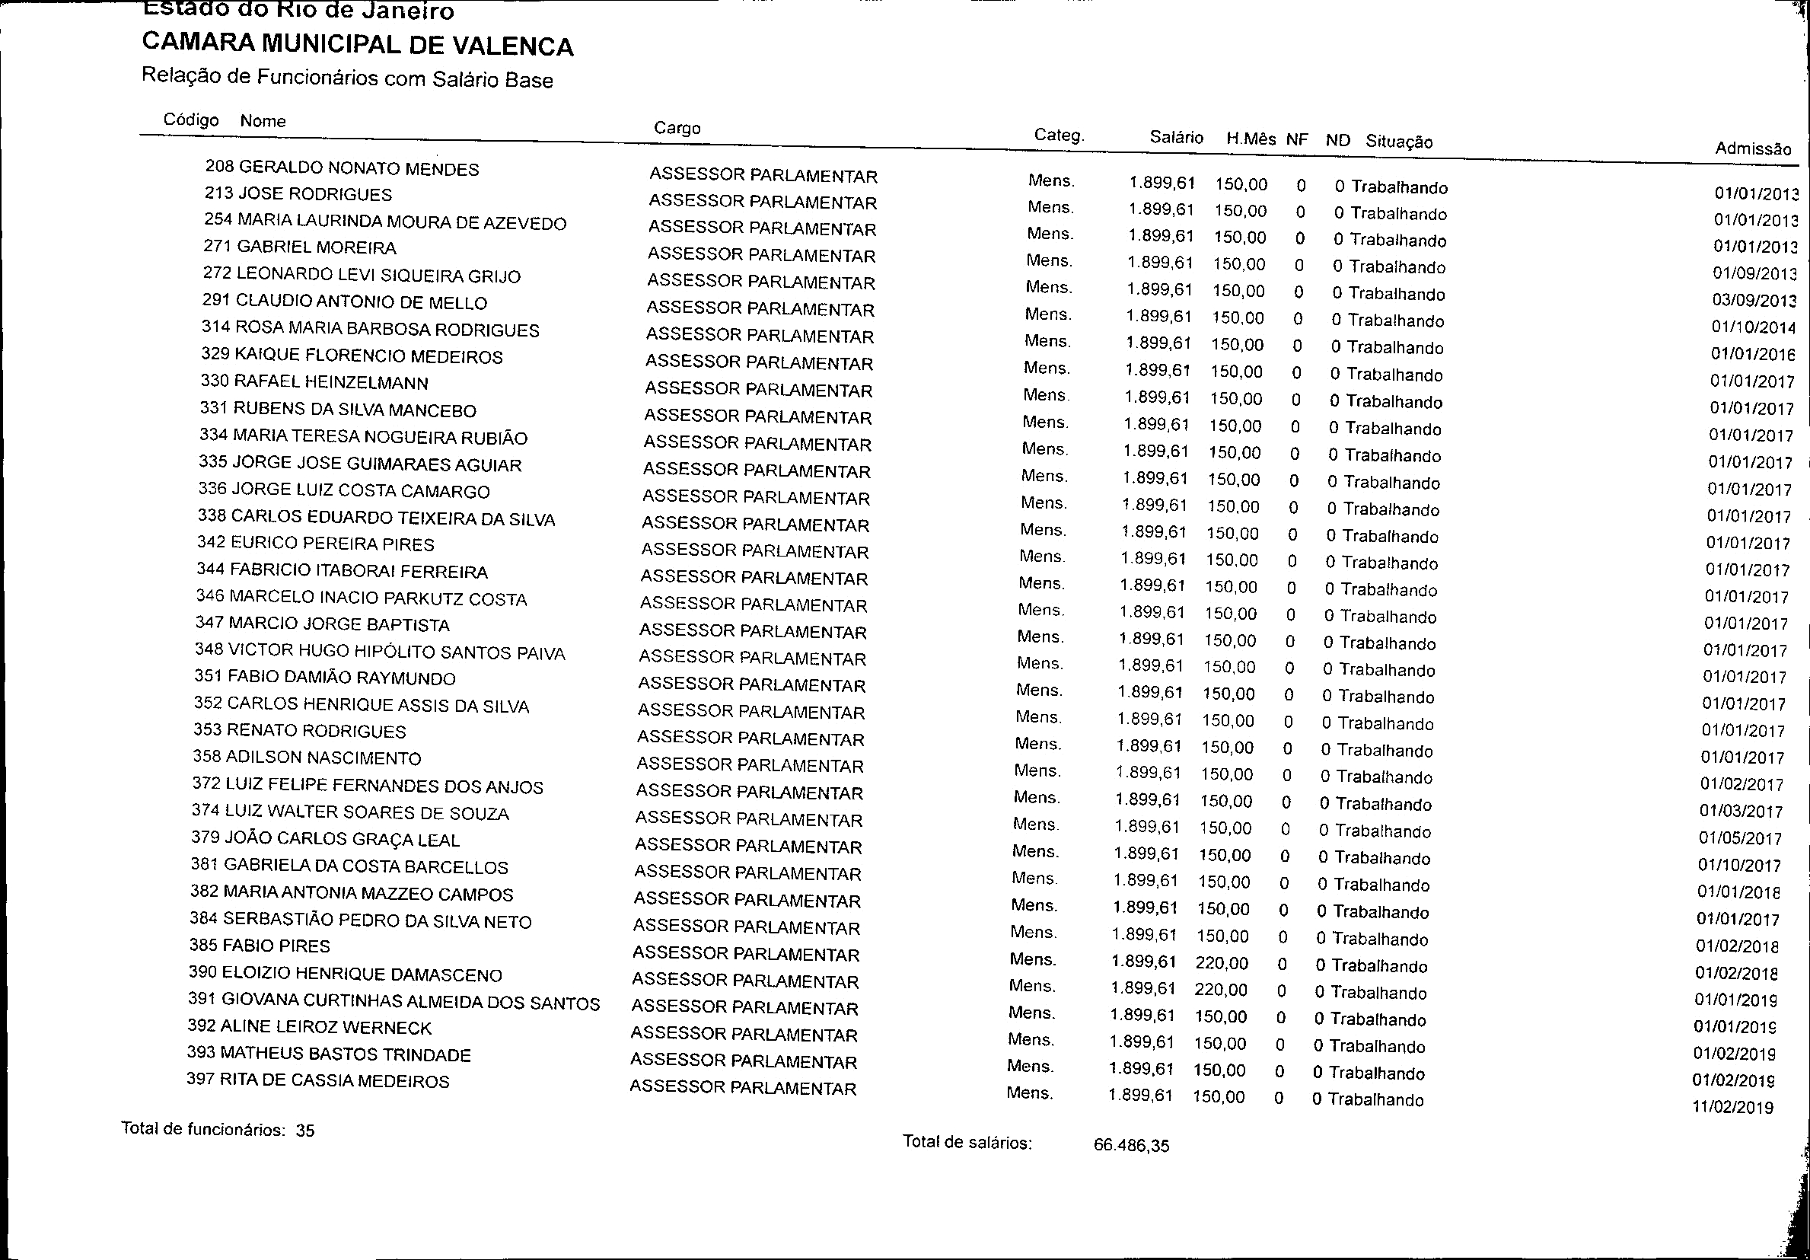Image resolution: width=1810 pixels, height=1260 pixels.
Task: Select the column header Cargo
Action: click(x=677, y=128)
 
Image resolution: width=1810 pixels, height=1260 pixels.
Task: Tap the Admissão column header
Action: click(x=1752, y=148)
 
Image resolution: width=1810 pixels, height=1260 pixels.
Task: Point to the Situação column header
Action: click(x=1398, y=141)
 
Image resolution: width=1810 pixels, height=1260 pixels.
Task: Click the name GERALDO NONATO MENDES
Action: click(x=358, y=169)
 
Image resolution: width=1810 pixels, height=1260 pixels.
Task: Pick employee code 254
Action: click(x=218, y=219)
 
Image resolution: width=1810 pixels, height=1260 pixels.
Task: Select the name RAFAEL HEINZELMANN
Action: click(x=330, y=382)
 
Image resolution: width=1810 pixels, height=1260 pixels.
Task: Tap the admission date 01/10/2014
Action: click(x=1752, y=327)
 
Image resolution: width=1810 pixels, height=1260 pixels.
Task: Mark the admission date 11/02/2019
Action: click(x=1732, y=1107)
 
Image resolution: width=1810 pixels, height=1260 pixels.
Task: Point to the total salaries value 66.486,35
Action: click(x=1131, y=1146)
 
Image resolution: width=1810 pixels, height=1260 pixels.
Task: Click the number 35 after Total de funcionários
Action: click(x=304, y=1131)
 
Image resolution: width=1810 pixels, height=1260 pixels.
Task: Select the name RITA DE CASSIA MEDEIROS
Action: click(x=334, y=1081)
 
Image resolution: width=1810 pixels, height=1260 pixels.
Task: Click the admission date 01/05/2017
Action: click(x=1740, y=838)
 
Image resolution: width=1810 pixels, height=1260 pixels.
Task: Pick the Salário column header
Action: click(x=1176, y=137)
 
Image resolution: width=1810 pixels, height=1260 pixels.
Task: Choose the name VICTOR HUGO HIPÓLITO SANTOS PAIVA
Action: click(x=396, y=652)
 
